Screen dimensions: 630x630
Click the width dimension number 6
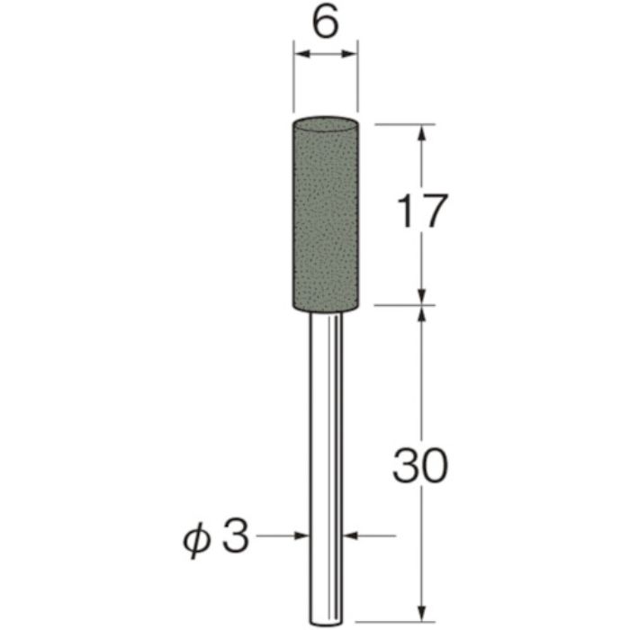(x=326, y=22)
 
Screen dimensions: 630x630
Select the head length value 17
(x=419, y=213)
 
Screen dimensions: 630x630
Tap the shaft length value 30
(x=419, y=467)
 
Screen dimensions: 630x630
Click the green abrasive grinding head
(x=325, y=216)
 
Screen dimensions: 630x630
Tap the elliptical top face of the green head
(x=325, y=122)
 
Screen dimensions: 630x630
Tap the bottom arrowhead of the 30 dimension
(x=420, y=589)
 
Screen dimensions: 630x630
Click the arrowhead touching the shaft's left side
(x=301, y=535)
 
